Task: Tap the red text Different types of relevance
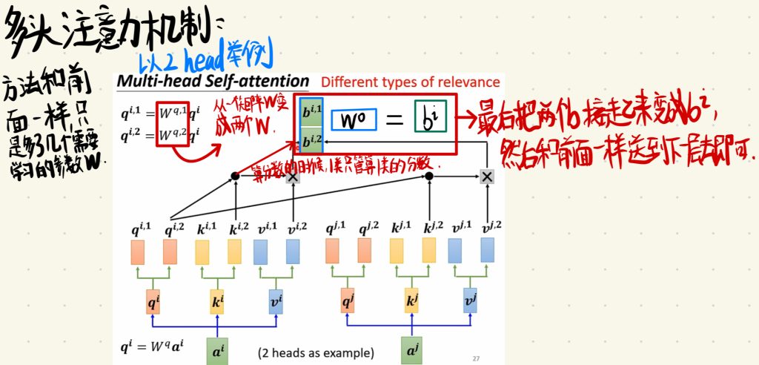(x=411, y=82)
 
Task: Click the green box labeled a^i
(x=217, y=350)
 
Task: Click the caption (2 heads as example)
(x=316, y=352)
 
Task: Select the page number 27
(x=476, y=358)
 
